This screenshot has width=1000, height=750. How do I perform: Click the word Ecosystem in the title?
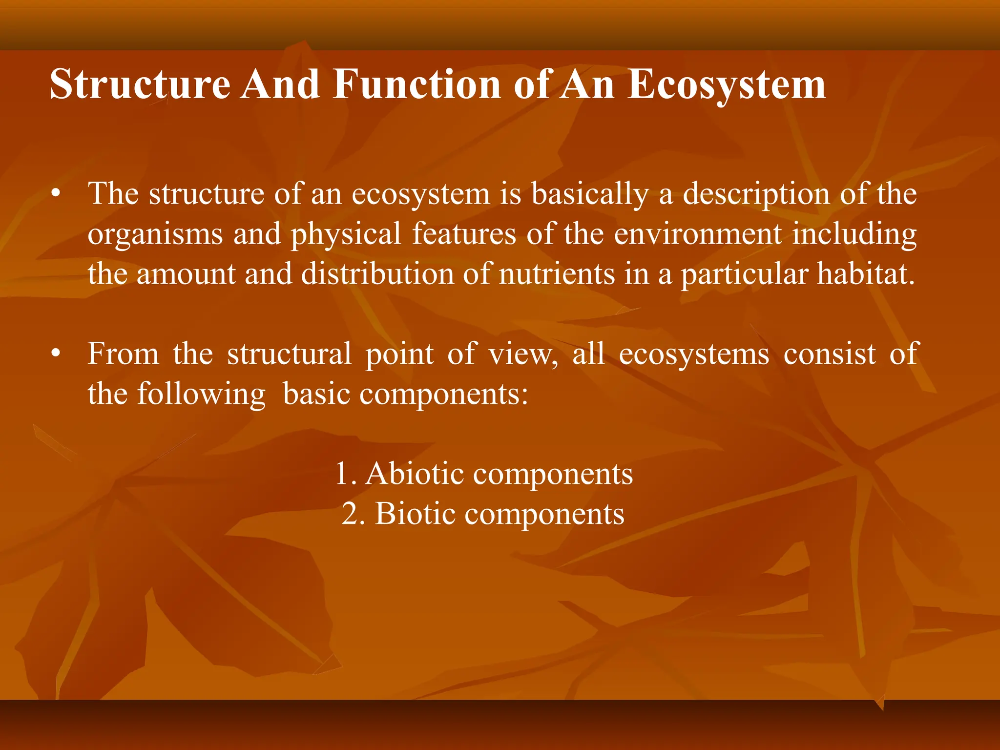pyautogui.click(x=726, y=84)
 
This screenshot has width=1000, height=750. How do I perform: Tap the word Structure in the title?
pyautogui.click(x=140, y=84)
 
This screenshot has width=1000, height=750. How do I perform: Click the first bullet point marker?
pyautogui.click(x=57, y=194)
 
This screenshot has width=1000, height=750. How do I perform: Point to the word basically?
pyautogui.click(x=590, y=194)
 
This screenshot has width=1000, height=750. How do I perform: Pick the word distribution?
pyautogui.click(x=377, y=274)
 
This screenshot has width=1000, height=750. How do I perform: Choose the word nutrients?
pyautogui.click(x=557, y=274)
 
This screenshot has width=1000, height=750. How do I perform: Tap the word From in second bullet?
pyautogui.click(x=124, y=354)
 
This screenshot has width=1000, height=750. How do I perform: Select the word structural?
pyautogui.click(x=289, y=354)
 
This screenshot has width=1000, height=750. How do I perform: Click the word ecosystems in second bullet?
pyautogui.click(x=694, y=354)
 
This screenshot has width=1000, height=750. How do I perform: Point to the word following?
pyautogui.click(x=201, y=394)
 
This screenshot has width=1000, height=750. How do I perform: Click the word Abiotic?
pyautogui.click(x=415, y=474)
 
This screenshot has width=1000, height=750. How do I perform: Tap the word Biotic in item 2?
pyautogui.click(x=415, y=514)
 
